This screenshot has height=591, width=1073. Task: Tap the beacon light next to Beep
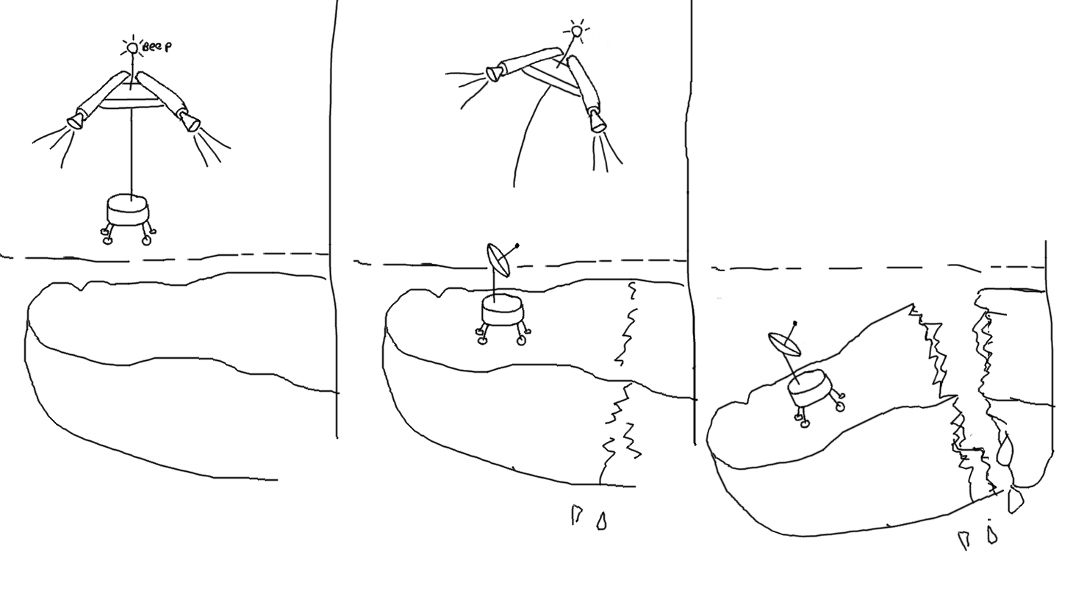[132, 49]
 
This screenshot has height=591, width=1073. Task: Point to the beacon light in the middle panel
[578, 31]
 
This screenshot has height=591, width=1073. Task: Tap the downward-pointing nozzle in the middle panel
[596, 121]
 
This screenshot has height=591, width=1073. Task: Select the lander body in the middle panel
[502, 310]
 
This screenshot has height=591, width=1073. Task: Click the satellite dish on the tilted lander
[784, 344]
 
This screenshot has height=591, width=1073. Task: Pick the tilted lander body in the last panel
[809, 388]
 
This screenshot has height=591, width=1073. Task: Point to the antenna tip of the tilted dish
[795, 323]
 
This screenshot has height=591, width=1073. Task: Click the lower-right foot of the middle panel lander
[521, 341]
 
